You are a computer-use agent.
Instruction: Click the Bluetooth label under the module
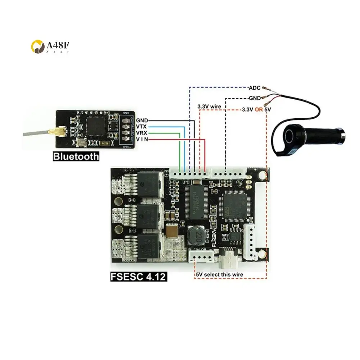point(76,157)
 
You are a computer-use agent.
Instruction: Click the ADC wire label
point(255,87)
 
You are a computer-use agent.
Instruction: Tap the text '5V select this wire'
point(219,275)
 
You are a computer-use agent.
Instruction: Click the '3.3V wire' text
point(209,106)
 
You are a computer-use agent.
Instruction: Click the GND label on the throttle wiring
point(255,98)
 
